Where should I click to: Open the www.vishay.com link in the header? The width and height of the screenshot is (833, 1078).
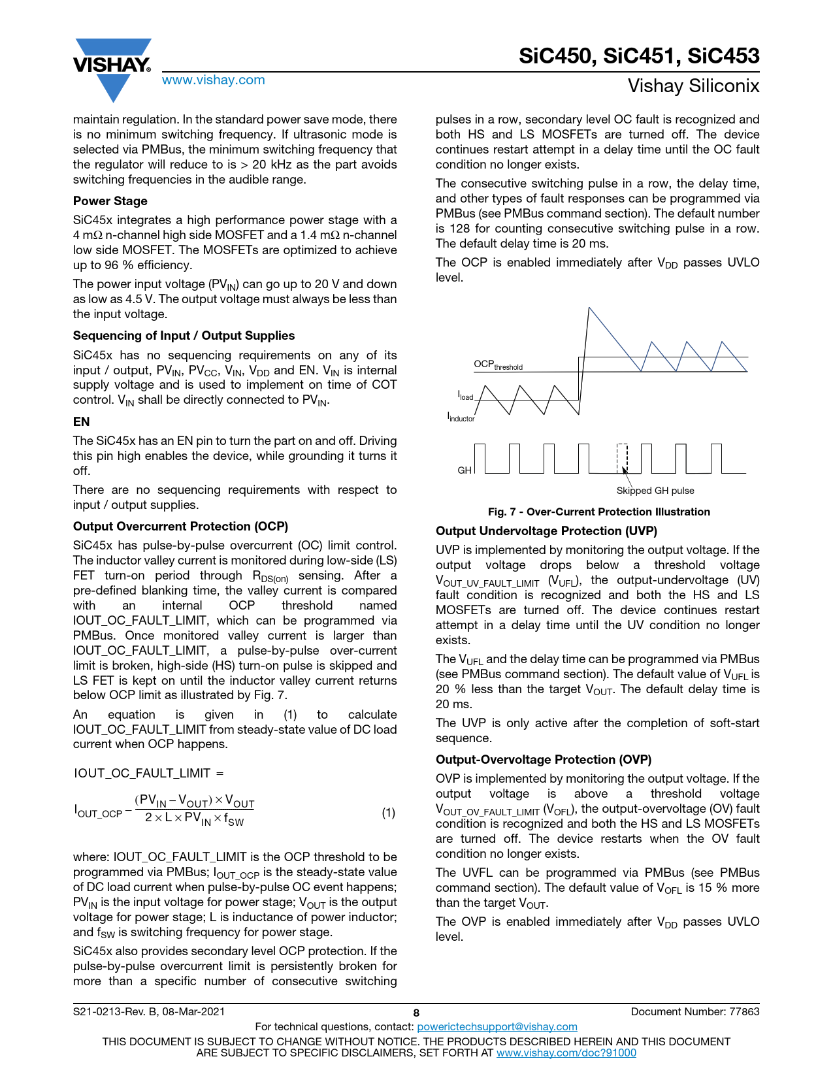click(x=214, y=80)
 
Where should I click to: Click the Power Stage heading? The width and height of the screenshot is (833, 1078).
click(x=110, y=201)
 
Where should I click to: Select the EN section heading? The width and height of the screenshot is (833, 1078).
click(x=82, y=422)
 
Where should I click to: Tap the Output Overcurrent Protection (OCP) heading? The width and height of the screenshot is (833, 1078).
click(x=180, y=527)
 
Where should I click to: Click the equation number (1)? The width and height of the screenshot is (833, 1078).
click(x=388, y=813)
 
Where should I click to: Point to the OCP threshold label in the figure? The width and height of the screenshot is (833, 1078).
click(x=498, y=365)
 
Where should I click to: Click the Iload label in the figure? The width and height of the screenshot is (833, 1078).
click(x=465, y=396)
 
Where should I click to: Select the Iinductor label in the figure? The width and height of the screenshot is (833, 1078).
click(x=461, y=417)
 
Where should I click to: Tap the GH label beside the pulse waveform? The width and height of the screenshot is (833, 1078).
click(x=465, y=470)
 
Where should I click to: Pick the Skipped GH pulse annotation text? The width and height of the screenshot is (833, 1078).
click(x=655, y=491)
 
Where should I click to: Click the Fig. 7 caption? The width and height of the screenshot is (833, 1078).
click(x=598, y=512)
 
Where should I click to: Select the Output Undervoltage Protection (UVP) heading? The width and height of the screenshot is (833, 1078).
click(x=546, y=531)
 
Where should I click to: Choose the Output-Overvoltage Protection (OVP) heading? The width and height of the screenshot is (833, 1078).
click(x=544, y=760)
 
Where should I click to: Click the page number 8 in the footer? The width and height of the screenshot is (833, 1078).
click(x=416, y=1013)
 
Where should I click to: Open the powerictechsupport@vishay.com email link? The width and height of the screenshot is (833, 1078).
click(x=497, y=1027)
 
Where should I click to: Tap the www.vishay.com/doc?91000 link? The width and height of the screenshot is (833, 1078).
click(x=566, y=1053)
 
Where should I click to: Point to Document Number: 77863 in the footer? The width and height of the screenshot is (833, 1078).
click(x=695, y=1012)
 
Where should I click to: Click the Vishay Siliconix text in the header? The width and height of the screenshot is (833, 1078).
click(x=693, y=86)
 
